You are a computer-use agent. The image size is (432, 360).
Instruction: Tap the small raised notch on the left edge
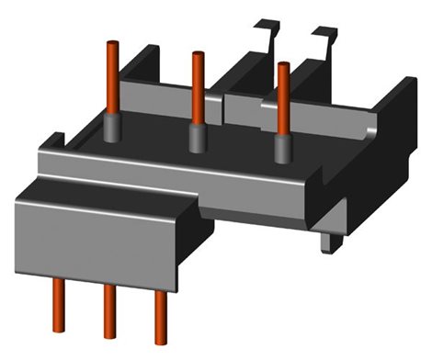(x=52, y=142)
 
